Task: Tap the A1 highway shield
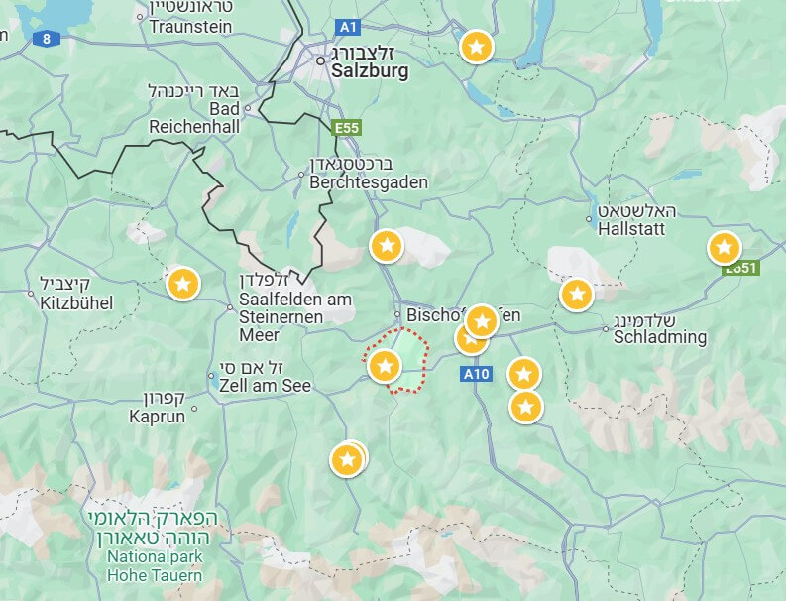tap(347, 27)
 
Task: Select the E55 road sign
tap(347, 128)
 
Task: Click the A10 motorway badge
tap(476, 374)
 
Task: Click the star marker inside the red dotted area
tap(384, 366)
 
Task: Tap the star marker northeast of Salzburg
tap(477, 46)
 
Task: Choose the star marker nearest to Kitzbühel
tap(181, 284)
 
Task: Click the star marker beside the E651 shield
tap(724, 247)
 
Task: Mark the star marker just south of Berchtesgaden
tap(387, 245)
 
